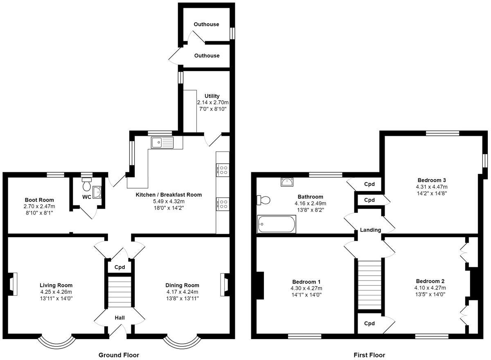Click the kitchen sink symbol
162,142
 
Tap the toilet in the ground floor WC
87,185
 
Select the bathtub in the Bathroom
277,224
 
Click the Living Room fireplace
12,283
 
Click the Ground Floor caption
119,355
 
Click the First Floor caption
369,355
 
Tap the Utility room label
212,96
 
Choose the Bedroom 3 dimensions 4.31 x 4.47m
432,187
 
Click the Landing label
371,230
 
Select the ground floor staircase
120,292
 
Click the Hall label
119,317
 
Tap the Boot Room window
55,175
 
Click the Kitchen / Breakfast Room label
169,195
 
